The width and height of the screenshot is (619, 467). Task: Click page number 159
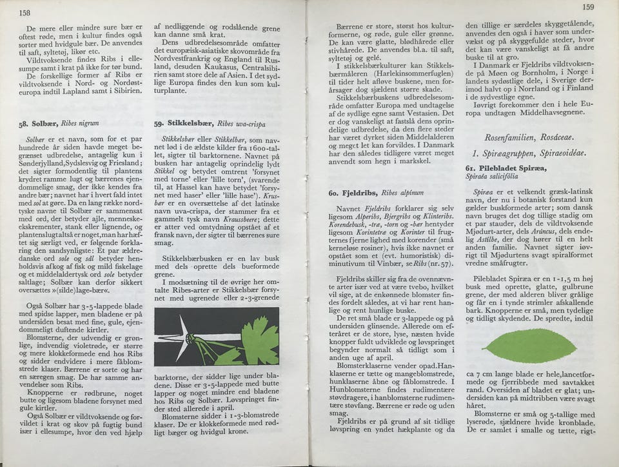(587, 7)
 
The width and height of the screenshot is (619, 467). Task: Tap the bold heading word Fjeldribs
(360, 192)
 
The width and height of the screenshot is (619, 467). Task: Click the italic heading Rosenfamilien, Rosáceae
(529, 137)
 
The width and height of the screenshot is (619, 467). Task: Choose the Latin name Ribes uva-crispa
(241, 123)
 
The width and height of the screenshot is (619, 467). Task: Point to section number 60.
(333, 193)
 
